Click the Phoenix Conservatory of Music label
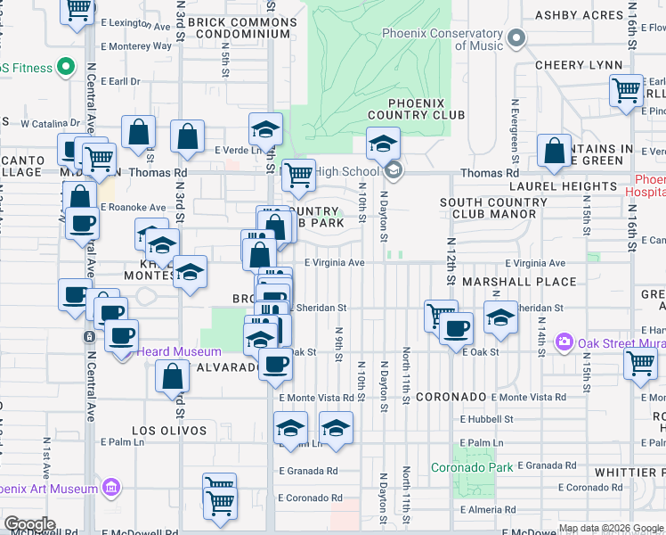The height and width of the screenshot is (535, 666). point(442,39)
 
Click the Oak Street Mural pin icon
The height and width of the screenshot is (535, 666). point(563,342)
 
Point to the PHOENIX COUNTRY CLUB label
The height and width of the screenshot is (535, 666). point(415,109)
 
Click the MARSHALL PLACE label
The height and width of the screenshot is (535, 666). point(532,282)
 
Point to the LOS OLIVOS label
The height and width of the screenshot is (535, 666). point(169,430)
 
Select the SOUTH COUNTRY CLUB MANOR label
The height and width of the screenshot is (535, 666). point(493,208)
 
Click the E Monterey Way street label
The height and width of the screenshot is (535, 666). point(136,45)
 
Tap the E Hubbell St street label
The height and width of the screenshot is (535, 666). point(486,419)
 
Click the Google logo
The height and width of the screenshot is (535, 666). point(29,524)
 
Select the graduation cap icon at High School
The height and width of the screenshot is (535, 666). point(383,143)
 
